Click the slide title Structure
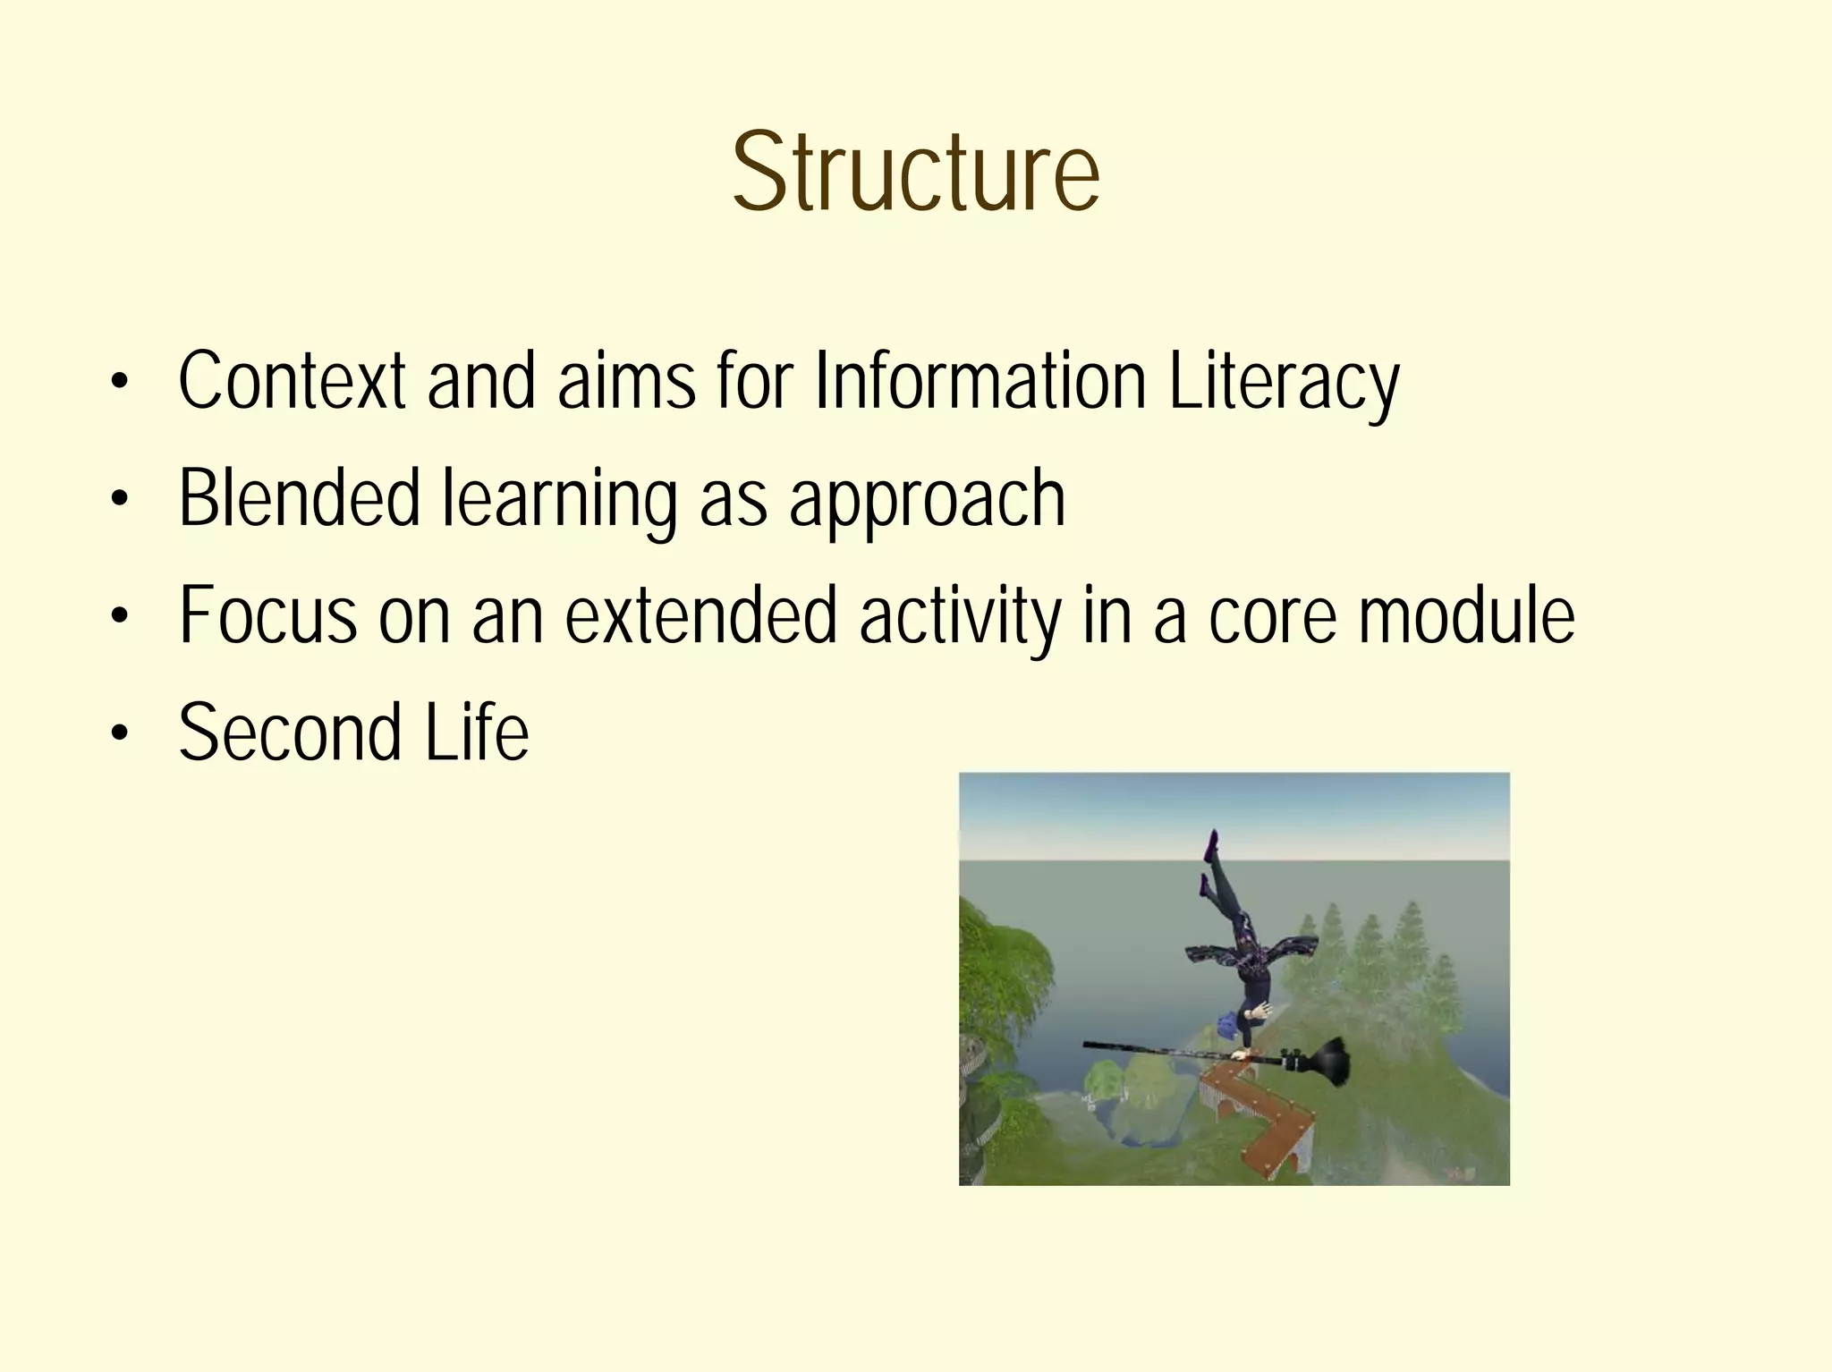click(x=915, y=173)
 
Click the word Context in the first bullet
click(x=292, y=381)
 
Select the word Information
click(x=980, y=381)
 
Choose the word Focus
click(x=267, y=615)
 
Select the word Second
click(x=290, y=733)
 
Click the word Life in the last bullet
click(x=476, y=733)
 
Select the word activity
click(x=960, y=615)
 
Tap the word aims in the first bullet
click(x=626, y=381)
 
